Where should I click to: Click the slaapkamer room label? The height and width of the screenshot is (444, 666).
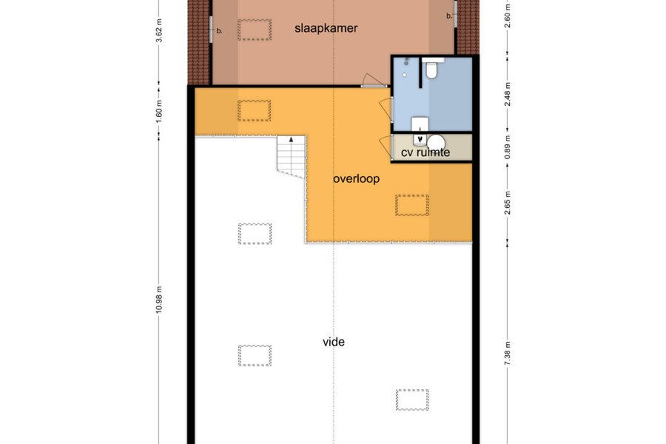click(326, 28)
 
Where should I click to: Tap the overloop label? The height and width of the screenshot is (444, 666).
click(356, 179)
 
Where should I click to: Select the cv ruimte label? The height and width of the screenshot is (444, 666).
click(425, 152)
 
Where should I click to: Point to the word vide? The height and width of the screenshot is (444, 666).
click(334, 342)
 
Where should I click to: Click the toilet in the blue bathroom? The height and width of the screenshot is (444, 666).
click(431, 69)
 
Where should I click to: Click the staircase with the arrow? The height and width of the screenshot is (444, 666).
click(292, 156)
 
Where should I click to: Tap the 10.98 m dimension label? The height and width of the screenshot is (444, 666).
click(159, 300)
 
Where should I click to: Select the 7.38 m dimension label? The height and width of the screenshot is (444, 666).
click(507, 353)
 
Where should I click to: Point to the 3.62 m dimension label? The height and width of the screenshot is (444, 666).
click(159, 30)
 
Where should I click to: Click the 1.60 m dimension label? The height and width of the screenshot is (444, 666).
click(159, 111)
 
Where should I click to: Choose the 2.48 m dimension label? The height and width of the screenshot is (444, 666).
click(507, 94)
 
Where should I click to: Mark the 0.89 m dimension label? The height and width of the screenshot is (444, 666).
click(507, 147)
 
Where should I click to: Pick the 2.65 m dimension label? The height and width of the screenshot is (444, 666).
click(507, 203)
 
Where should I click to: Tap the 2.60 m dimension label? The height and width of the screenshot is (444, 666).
click(507, 16)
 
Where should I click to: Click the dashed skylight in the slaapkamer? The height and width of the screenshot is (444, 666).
click(255, 30)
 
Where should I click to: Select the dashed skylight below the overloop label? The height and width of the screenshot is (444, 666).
click(412, 205)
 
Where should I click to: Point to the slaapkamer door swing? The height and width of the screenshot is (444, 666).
click(374, 81)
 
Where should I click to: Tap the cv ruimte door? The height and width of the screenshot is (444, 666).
click(386, 147)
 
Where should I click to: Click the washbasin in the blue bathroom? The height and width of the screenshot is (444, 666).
click(420, 124)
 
